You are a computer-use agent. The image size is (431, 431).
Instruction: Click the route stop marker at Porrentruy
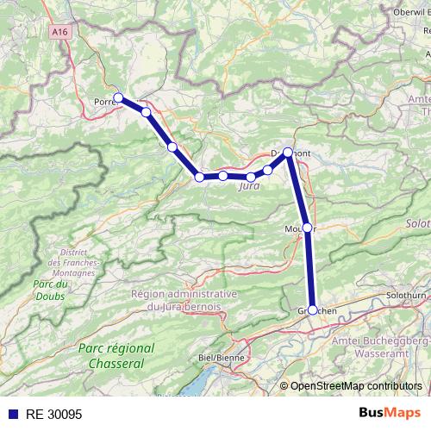point(118,97)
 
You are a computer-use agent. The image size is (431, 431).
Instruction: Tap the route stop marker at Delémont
point(288,152)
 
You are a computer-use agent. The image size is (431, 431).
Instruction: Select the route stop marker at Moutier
point(307,228)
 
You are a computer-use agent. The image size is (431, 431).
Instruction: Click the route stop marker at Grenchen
point(312,309)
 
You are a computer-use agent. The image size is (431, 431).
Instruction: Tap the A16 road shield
point(59,31)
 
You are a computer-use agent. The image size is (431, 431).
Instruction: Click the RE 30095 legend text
point(53,414)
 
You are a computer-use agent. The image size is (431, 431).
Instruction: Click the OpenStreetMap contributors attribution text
point(356,385)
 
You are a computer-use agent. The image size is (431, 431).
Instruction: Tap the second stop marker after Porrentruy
point(172,147)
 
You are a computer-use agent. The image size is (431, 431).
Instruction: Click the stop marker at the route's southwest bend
point(199,177)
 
